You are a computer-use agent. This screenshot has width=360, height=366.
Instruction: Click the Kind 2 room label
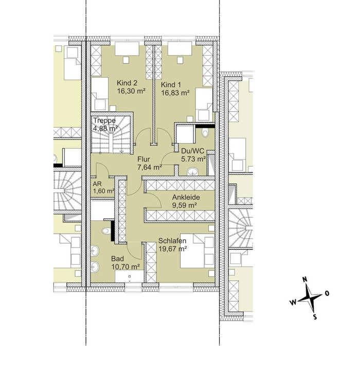tap(127, 83)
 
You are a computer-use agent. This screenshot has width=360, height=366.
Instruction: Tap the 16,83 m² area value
tap(175, 93)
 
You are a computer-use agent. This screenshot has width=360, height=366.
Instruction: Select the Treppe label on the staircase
tap(104, 120)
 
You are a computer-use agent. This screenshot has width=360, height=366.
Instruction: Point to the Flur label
tap(143, 159)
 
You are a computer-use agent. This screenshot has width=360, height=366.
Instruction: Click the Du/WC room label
tap(192, 151)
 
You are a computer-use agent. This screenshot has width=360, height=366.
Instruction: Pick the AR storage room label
tap(97, 184)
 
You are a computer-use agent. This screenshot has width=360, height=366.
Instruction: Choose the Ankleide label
tap(186, 197)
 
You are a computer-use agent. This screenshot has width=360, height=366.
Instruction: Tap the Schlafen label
tap(172, 241)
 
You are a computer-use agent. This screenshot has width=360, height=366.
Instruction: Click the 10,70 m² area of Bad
tap(125, 267)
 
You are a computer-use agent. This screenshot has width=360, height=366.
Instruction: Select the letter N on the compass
tap(304, 280)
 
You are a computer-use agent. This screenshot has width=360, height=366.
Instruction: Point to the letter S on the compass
tap(315, 317)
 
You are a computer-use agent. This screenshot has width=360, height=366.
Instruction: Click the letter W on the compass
tap(293, 303)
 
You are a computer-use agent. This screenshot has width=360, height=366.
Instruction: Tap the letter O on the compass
tap(327, 293)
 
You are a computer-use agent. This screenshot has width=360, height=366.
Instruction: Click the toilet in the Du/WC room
tap(205, 133)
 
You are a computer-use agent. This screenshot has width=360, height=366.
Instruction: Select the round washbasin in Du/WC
tap(192, 171)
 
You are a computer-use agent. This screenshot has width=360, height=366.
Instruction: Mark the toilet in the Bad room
tap(105, 231)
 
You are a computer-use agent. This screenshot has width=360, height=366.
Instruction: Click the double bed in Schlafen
tap(197, 251)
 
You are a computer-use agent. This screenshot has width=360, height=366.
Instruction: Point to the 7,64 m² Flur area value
tap(150, 167)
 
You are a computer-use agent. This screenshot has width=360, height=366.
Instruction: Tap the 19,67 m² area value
tap(172, 249)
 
